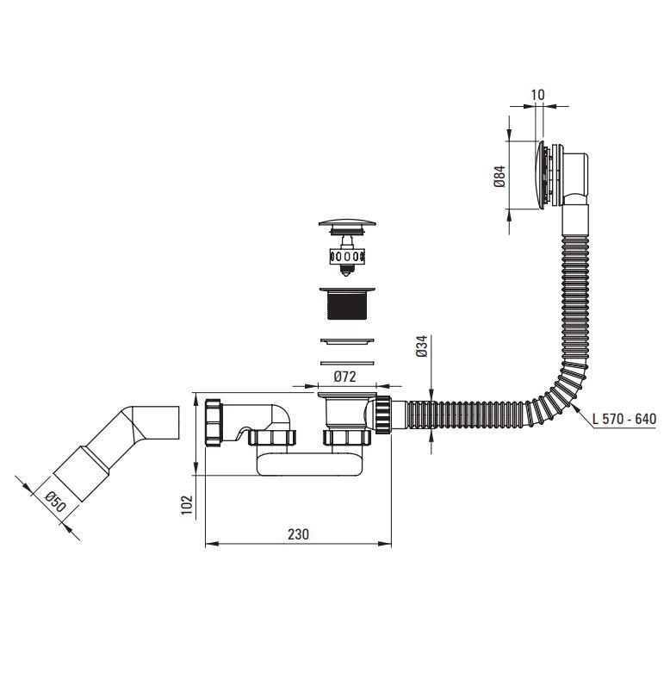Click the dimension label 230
[x=298, y=534]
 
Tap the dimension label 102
[x=187, y=505]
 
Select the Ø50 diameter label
[x=55, y=502]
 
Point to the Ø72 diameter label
[x=344, y=377]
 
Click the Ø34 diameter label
[x=422, y=346]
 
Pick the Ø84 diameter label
[x=500, y=177]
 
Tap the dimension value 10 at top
[x=537, y=95]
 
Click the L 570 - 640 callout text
[x=624, y=419]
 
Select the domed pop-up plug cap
[x=347, y=223]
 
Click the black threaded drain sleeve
[x=347, y=303]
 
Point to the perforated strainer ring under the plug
[x=347, y=256]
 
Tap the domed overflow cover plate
[x=541, y=175]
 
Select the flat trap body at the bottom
[x=309, y=465]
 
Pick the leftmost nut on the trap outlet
[x=214, y=422]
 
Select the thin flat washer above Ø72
[x=347, y=363]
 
